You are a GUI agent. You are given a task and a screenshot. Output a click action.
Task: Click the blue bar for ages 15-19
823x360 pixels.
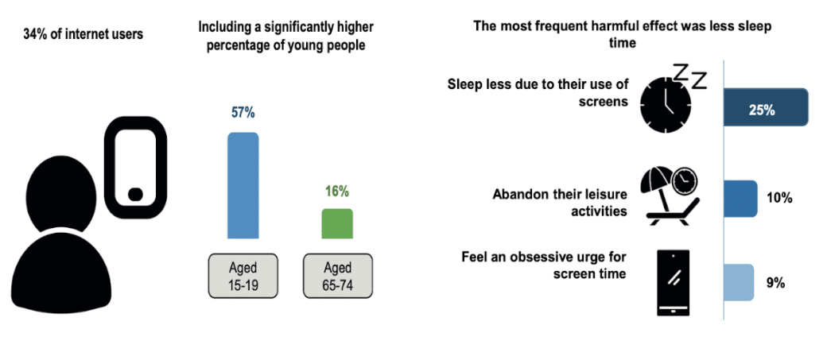click(x=243, y=185)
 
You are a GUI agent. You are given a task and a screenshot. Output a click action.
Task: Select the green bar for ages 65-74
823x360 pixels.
click(x=337, y=223)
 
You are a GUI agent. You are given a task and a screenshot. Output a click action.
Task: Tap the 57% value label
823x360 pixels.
click(x=243, y=112)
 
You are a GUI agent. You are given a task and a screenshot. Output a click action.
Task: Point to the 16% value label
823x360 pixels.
click(x=337, y=192)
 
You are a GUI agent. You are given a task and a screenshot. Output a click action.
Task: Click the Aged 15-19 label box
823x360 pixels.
click(x=243, y=276)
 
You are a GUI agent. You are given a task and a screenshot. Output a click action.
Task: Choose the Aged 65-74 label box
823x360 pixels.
click(x=337, y=276)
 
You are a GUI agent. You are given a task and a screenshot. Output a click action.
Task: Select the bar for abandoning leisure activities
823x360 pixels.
click(x=740, y=199)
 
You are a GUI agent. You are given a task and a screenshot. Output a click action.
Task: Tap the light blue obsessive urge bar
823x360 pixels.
click(x=739, y=282)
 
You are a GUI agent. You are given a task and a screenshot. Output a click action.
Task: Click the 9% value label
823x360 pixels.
click(x=774, y=283)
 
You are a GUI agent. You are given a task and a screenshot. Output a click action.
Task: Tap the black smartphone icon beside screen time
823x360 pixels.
click(x=674, y=282)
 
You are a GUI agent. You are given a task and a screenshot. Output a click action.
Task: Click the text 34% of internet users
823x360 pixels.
click(x=83, y=35)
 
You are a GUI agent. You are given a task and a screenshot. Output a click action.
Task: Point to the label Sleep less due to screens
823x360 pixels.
click(x=538, y=92)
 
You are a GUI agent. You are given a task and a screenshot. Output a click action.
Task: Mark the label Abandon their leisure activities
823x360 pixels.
click(x=560, y=203)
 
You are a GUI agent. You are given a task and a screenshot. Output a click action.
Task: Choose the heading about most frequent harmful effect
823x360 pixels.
click(x=623, y=35)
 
